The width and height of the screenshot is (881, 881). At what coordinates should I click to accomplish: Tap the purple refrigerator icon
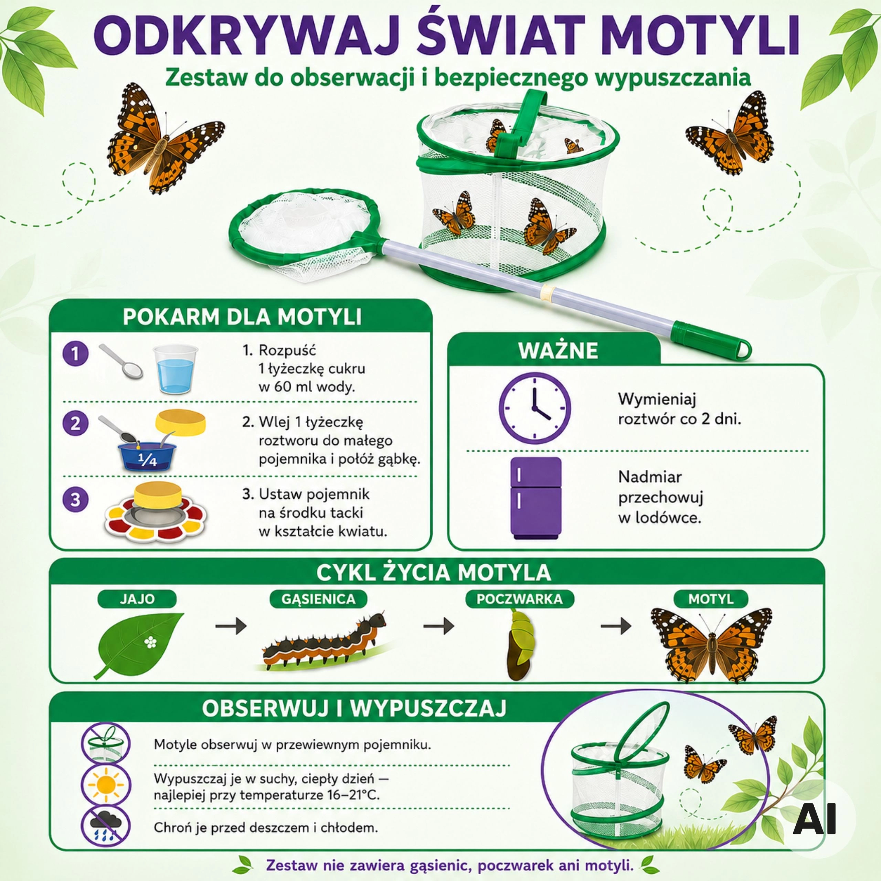pyautogui.click(x=536, y=498)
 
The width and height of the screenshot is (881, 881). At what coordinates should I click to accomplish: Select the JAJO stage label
pyautogui.click(x=137, y=599)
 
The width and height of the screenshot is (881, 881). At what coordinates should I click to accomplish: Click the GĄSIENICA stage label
pyautogui.click(x=318, y=599)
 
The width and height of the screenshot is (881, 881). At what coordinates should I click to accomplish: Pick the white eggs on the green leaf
pyautogui.click(x=150, y=643)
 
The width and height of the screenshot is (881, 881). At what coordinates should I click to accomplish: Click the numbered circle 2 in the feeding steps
pyautogui.click(x=75, y=424)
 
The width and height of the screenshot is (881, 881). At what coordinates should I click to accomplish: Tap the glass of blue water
pyautogui.click(x=175, y=369)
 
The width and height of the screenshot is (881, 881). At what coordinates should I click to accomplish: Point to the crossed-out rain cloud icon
pyautogui.click(x=105, y=827)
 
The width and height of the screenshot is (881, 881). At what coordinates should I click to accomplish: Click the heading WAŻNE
pyautogui.click(x=558, y=350)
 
